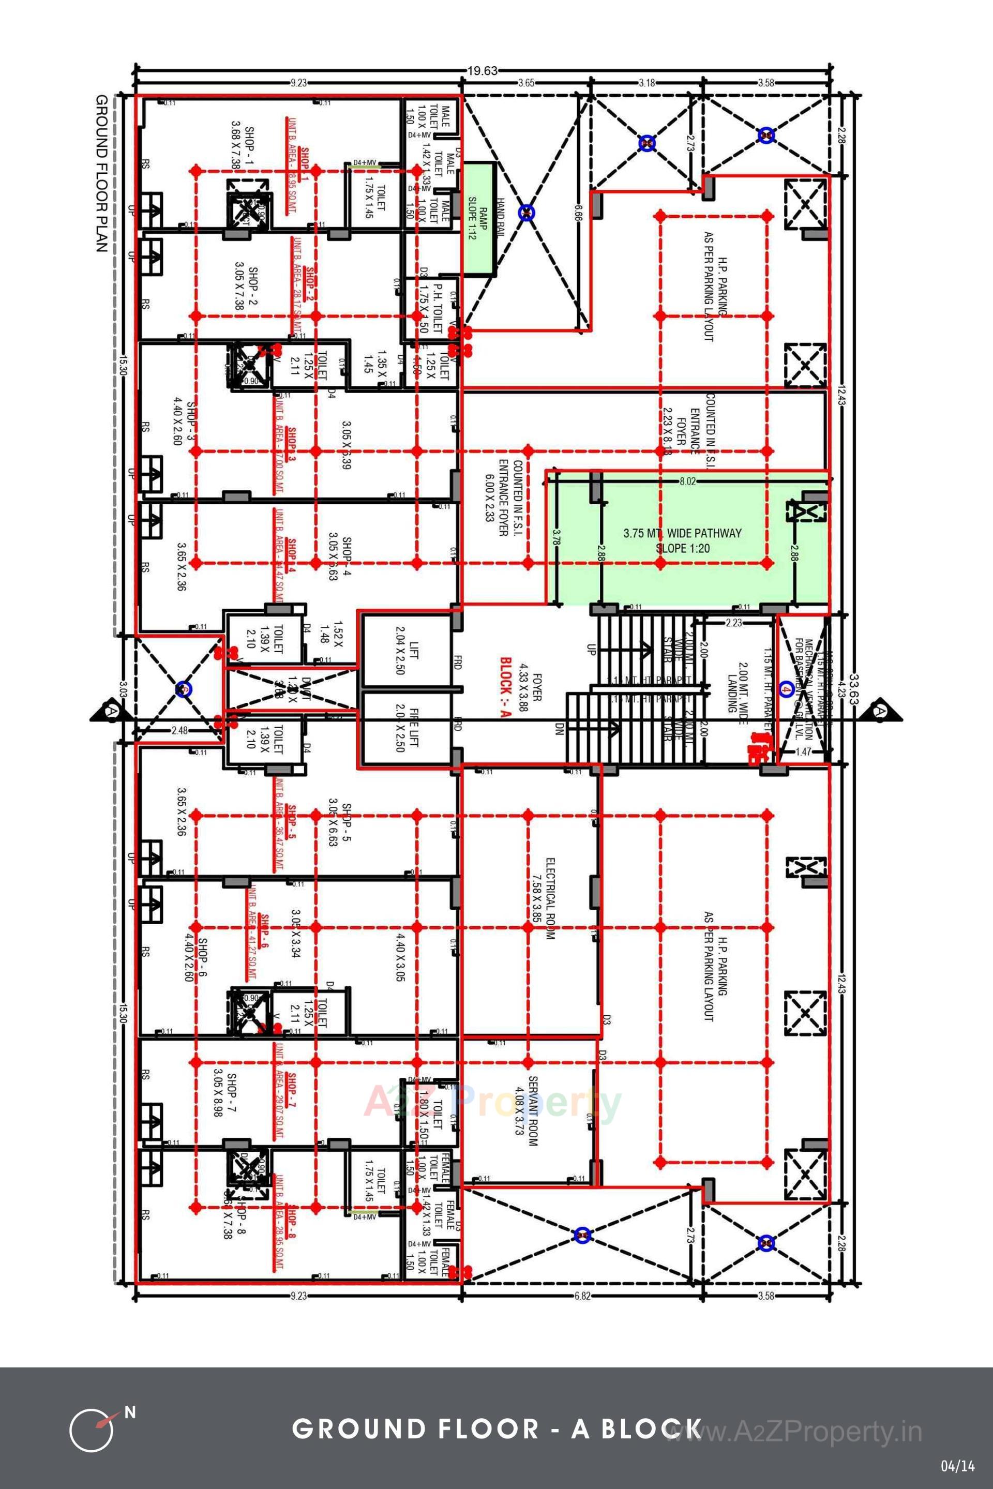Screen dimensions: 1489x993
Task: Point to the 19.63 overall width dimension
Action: tap(483, 70)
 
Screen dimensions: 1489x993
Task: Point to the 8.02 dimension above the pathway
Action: tap(687, 482)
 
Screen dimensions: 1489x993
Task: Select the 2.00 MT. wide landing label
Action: tap(736, 686)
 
